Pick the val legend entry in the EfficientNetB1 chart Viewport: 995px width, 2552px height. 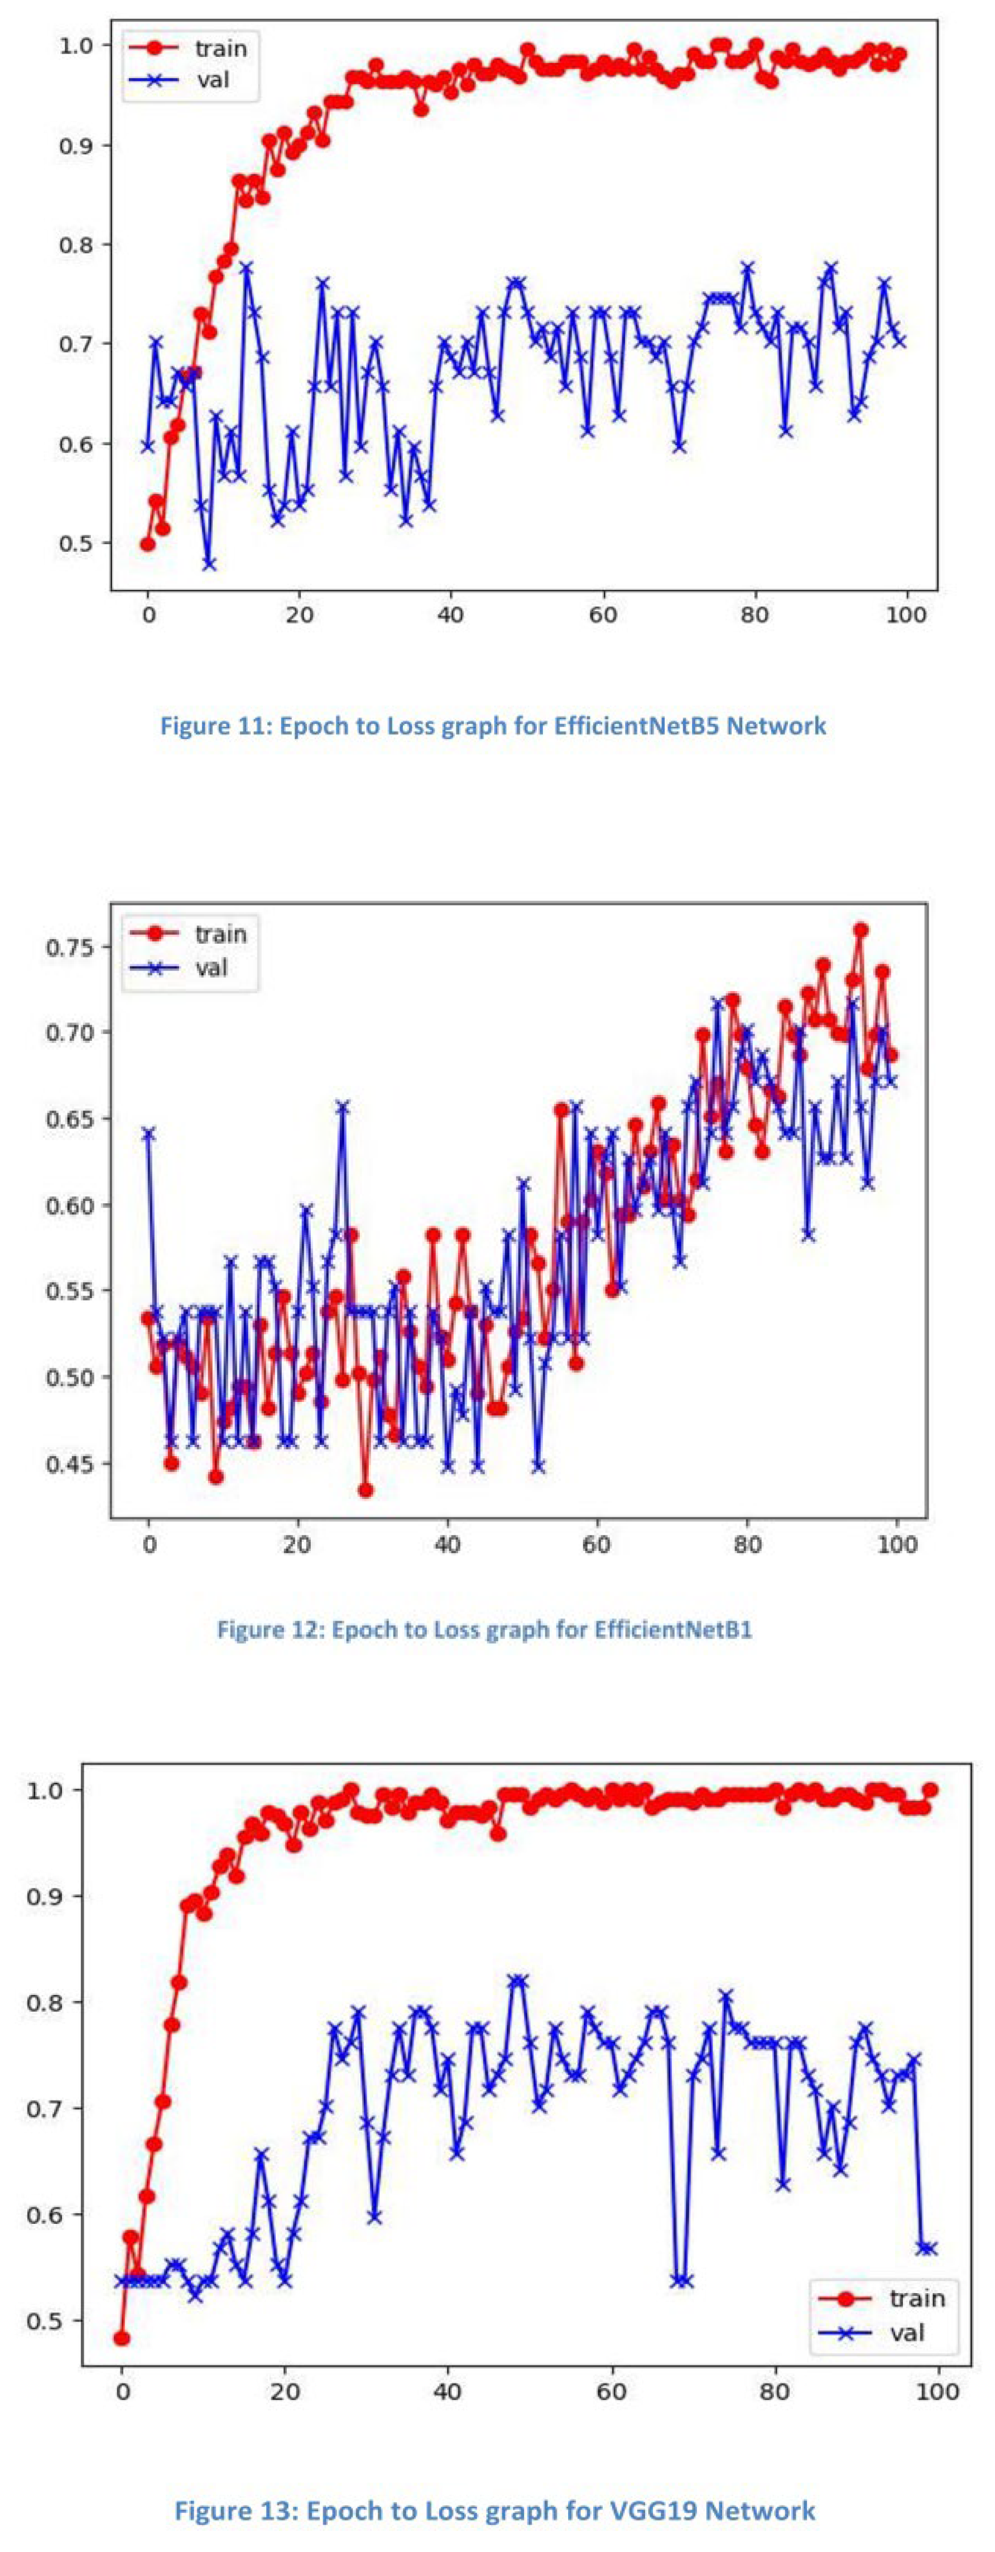[x=211, y=967]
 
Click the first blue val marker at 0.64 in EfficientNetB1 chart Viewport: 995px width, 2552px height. [x=148, y=1133]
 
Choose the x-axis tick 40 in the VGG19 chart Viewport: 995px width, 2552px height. [x=448, y=2391]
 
